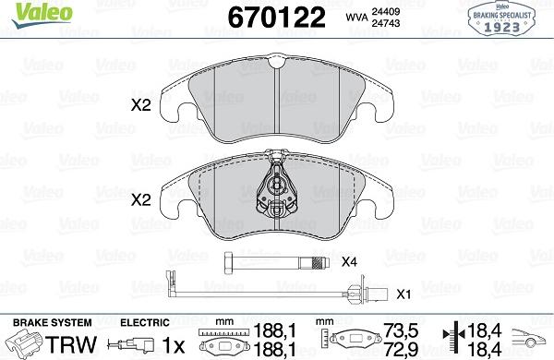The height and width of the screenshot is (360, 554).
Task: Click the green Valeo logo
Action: point(42,15)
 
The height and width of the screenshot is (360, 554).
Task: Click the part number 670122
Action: point(277,17)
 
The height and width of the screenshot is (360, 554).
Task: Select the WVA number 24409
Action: point(385,11)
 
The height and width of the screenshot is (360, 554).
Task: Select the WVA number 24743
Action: point(385,23)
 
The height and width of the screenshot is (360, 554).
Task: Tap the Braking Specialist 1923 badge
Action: point(501,18)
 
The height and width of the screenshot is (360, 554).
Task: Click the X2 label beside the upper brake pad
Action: point(140,105)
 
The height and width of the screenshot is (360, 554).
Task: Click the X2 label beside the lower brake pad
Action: point(140,200)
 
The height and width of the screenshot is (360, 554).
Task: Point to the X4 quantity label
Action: point(349,262)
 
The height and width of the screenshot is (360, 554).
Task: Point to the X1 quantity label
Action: point(403,294)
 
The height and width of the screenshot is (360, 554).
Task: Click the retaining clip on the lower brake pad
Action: point(277,186)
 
